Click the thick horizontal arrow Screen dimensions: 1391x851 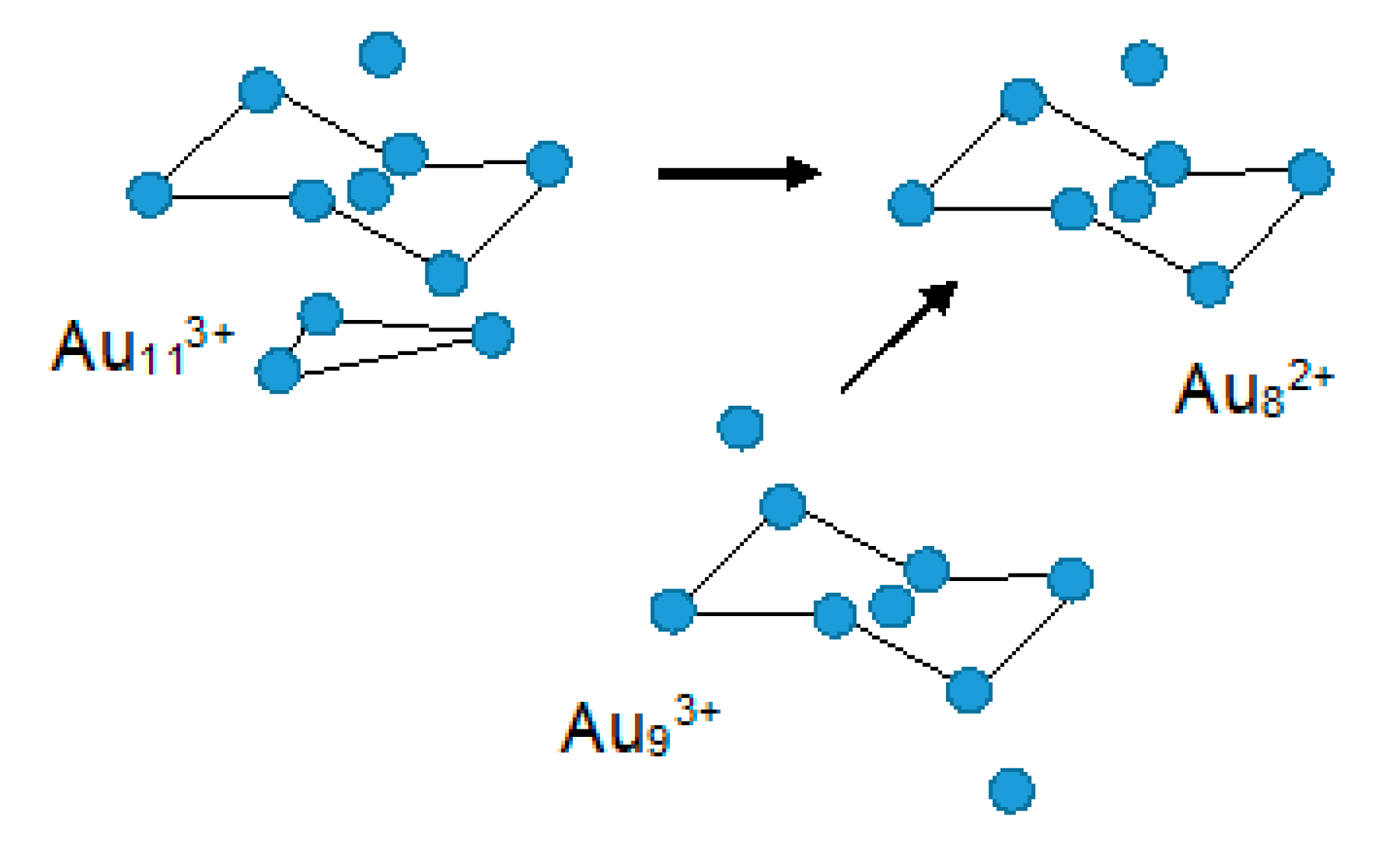(738, 174)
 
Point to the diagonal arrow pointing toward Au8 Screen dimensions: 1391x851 (898, 336)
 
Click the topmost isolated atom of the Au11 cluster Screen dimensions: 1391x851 (382, 54)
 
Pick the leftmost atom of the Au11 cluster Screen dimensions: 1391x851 (150, 195)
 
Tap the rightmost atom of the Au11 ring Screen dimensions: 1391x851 (549, 163)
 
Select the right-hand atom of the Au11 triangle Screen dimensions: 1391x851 (492, 335)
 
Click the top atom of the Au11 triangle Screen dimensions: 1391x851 (321, 313)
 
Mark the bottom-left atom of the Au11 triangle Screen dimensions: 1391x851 (278, 371)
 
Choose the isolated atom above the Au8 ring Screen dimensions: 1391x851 (1144, 63)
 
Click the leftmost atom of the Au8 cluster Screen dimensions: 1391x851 (911, 204)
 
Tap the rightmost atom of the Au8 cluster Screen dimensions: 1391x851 (1310, 172)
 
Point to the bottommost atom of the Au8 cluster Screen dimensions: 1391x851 (1208, 284)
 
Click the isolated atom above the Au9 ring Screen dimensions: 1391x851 (740, 428)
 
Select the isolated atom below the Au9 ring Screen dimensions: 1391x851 (1012, 791)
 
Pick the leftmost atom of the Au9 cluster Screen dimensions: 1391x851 (672, 612)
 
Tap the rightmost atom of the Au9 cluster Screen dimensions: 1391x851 (1070, 580)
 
